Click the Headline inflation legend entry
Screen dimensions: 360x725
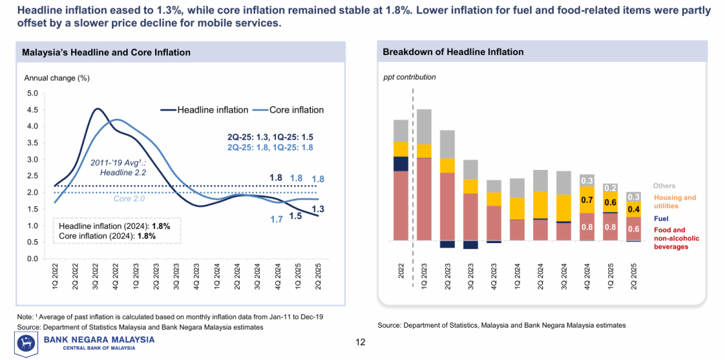pos(212,110)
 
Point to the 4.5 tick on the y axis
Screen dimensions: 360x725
pos(32,109)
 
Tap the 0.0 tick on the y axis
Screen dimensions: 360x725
pos(32,259)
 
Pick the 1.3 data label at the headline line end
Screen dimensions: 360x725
pos(318,210)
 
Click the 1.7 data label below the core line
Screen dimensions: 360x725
pos(276,219)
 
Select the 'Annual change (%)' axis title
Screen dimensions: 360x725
pos(57,78)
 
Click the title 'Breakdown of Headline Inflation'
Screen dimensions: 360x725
pos(453,52)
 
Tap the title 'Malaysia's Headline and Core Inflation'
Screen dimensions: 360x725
pos(106,52)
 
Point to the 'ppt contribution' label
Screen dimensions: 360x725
pos(409,77)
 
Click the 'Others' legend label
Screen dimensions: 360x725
pos(665,186)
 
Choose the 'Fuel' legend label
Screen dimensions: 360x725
pos(661,219)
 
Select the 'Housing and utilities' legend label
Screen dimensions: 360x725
pos(675,201)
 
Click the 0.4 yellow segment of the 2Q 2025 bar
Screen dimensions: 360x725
pos(633,210)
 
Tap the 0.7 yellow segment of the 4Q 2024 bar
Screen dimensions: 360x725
pos(587,200)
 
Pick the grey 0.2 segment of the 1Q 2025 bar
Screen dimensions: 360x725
pos(610,188)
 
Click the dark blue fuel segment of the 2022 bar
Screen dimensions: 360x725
pos(401,164)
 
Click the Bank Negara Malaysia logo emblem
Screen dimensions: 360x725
pos(27,343)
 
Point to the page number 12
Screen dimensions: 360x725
pos(360,343)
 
